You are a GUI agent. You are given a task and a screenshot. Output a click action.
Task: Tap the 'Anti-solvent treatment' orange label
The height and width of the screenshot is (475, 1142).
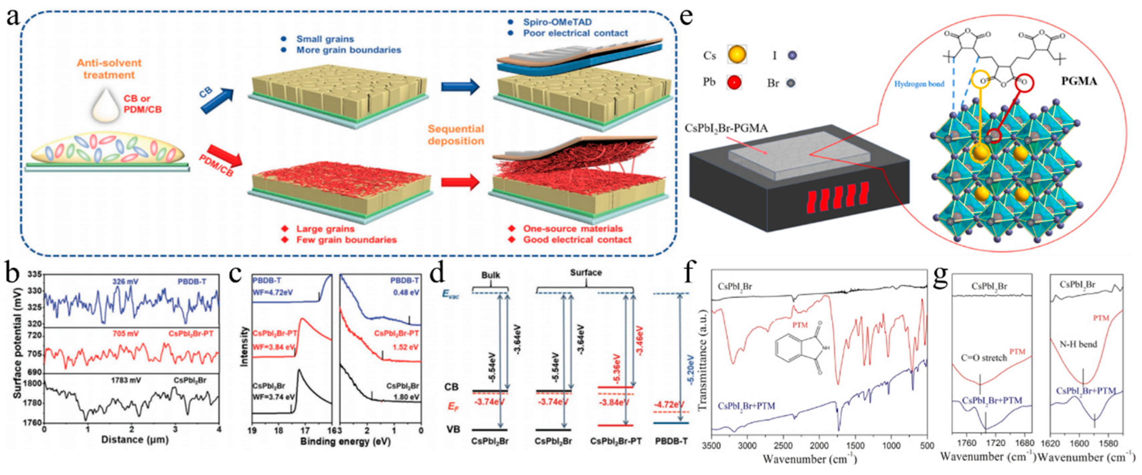[x=109, y=69]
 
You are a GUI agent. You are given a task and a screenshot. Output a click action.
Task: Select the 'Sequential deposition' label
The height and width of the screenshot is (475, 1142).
[x=456, y=135]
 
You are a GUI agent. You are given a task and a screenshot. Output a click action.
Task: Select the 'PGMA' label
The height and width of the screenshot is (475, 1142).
[x=1079, y=81]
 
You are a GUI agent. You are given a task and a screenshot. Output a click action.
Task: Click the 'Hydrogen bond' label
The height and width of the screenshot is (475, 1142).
[x=919, y=83]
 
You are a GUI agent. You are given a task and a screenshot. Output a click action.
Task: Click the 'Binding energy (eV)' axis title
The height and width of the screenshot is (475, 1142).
[x=345, y=441]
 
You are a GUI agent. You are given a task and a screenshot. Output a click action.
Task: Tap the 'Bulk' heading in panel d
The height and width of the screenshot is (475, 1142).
[x=490, y=275]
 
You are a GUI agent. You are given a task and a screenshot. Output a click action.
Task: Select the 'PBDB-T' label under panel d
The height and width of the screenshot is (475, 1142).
[x=671, y=441]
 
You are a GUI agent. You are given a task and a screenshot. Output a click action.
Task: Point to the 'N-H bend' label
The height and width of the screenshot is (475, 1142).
[x=1078, y=344]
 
